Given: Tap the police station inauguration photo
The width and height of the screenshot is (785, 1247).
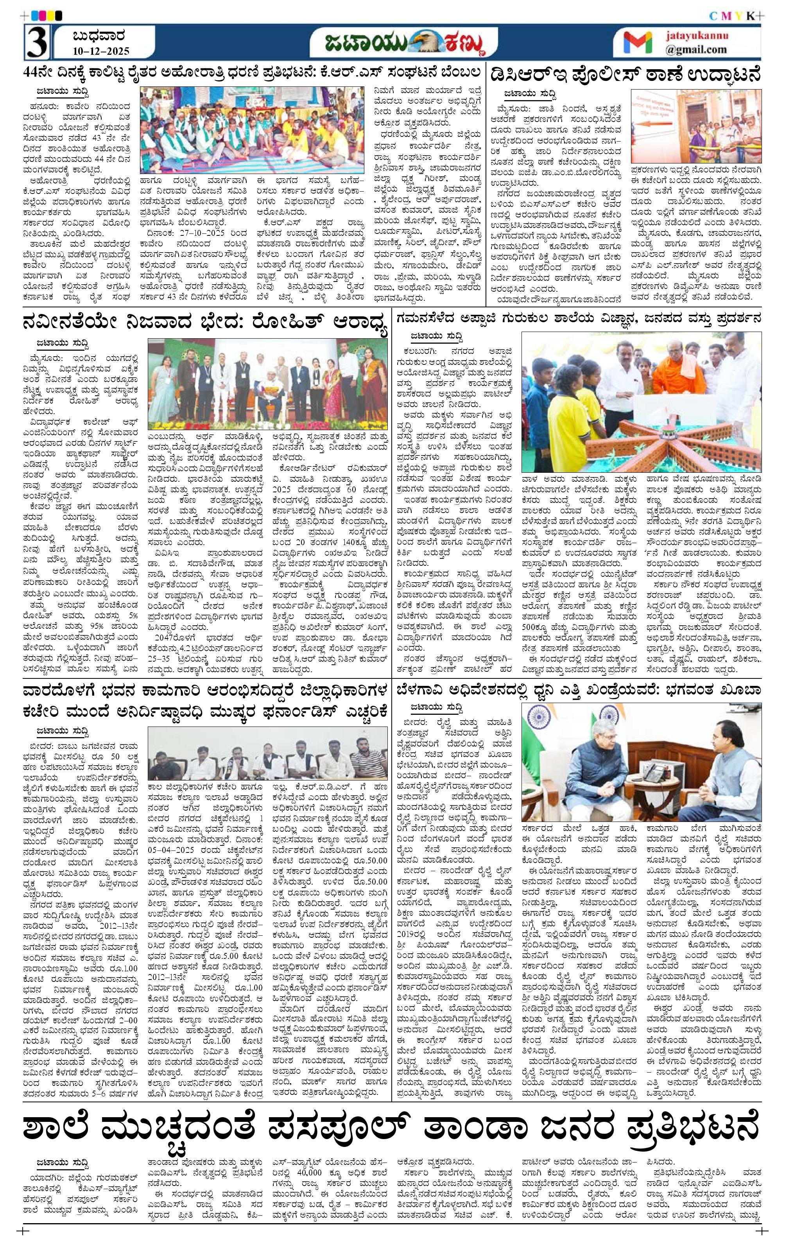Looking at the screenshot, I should point(695,126).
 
